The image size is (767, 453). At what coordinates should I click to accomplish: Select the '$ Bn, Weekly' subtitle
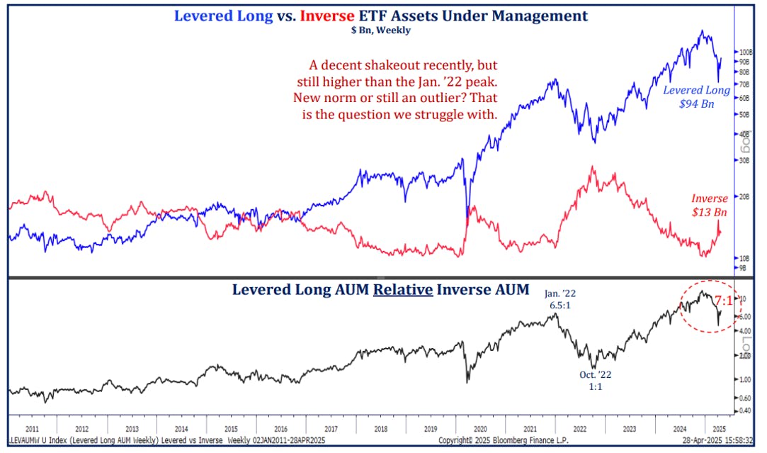pyautogui.click(x=380, y=30)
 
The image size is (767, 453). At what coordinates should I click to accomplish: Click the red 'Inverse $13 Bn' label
pyautogui.click(x=710, y=206)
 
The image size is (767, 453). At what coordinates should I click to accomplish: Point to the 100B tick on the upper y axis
pyautogui.click(x=744, y=52)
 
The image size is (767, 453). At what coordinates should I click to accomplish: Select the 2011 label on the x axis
pyautogui.click(x=32, y=430)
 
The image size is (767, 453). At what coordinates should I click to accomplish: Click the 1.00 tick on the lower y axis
pyautogui.click(x=745, y=379)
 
